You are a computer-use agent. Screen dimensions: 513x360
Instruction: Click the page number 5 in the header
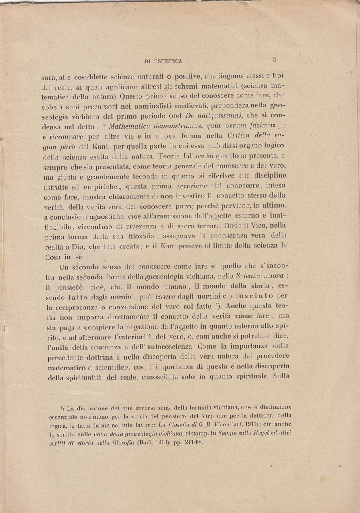274,59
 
